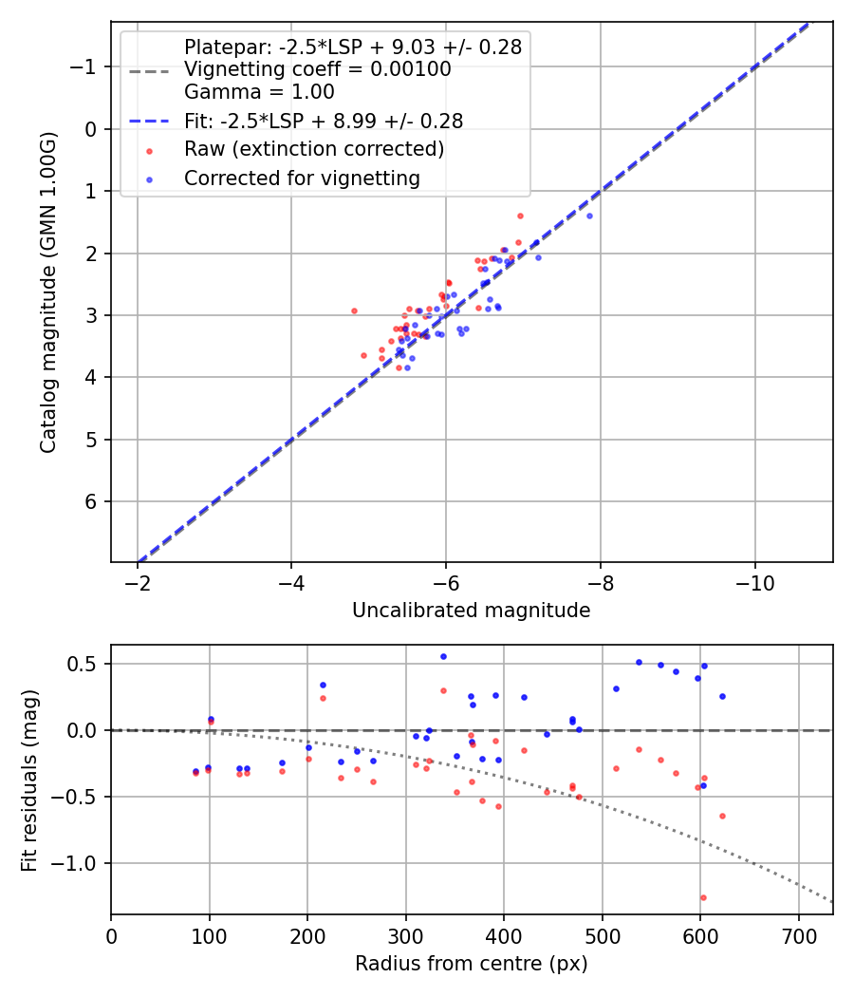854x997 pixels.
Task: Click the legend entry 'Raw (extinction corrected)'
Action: [x=313, y=149]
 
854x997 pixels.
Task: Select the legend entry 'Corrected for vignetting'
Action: [x=302, y=178]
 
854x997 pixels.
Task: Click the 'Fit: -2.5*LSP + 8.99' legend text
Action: [x=324, y=121]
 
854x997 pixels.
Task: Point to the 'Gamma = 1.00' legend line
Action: [x=259, y=92]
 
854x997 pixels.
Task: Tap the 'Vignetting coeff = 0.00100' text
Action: [x=317, y=69]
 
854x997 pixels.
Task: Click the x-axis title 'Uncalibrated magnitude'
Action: [x=471, y=611]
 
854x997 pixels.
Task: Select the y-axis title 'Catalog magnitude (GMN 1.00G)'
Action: [x=49, y=292]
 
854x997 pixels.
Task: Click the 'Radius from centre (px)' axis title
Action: [x=471, y=964]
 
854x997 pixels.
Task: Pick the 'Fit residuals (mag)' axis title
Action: [x=29, y=780]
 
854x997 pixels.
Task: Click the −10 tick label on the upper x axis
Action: [x=754, y=582]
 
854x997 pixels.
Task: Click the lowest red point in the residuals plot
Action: [x=703, y=897]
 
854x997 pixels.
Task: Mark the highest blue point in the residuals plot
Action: [x=443, y=656]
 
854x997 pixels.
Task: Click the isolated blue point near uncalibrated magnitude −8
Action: [x=589, y=216]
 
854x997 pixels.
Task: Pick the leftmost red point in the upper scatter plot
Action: [x=354, y=310]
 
